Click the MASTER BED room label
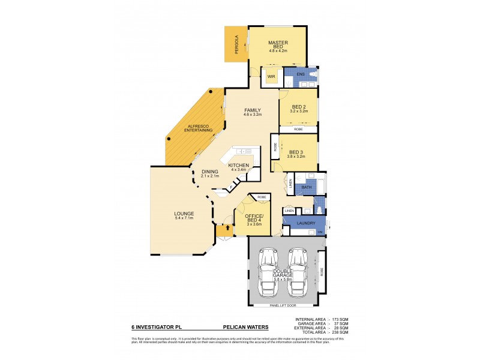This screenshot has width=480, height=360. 279,45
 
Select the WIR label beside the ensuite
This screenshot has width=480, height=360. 271,77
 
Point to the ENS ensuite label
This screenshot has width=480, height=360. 301,74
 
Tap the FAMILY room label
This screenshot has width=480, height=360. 252,110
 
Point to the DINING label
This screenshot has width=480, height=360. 210,172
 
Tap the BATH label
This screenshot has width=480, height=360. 306,187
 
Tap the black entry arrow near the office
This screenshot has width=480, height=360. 226,229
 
